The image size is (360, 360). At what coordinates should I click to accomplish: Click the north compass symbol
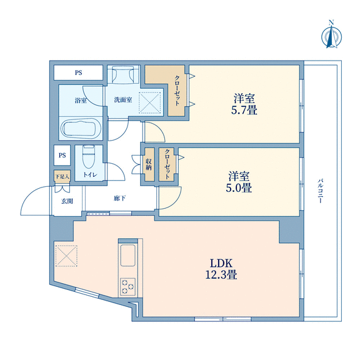(331, 35)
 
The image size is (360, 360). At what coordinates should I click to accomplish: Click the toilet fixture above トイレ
(89, 157)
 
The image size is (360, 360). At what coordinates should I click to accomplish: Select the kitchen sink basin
(128, 255)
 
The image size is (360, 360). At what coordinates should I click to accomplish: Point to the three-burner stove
(128, 286)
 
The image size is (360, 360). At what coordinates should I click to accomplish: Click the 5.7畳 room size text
(244, 111)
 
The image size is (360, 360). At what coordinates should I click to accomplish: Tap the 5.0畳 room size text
(239, 187)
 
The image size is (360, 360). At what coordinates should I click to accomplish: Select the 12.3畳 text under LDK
(221, 274)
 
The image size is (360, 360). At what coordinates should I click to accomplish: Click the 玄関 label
(67, 201)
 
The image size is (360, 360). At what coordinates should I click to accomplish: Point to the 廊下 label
(119, 198)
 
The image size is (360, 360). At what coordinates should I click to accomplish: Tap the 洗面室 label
(123, 100)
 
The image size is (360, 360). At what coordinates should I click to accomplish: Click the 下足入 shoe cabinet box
(62, 176)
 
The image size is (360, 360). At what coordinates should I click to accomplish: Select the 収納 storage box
(149, 164)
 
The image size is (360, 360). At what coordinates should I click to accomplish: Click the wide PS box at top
(78, 72)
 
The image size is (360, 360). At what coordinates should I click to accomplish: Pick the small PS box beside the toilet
(62, 155)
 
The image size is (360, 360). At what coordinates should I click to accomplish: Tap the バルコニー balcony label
(320, 191)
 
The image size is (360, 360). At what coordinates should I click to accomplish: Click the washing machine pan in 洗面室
(150, 103)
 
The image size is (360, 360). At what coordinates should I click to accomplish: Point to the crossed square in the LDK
(66, 256)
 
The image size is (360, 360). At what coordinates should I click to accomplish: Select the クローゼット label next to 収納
(167, 164)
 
